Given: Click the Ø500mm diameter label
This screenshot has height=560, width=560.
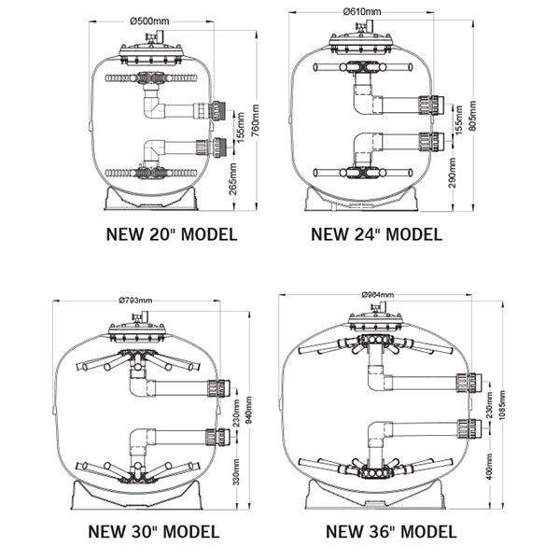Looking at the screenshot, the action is click(149, 21).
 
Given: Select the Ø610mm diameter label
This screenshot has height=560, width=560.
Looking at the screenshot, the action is click(362, 12).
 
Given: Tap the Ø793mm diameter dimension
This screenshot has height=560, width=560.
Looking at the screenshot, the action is click(135, 301).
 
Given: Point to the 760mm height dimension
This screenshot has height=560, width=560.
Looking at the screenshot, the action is click(255, 120).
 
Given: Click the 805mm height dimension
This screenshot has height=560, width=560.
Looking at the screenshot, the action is click(472, 116).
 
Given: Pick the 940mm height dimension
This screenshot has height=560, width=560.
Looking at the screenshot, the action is click(248, 410).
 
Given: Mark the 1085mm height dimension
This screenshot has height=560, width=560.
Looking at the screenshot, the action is click(502, 405).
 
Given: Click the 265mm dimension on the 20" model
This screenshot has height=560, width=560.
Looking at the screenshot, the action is click(232, 179).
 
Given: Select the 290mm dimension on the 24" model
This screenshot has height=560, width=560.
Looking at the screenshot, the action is click(452, 174).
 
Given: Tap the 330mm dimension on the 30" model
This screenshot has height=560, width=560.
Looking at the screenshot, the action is click(236, 471).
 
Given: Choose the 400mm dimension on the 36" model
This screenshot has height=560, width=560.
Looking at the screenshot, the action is click(489, 467).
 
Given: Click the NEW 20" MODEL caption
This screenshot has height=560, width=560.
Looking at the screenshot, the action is click(172, 234).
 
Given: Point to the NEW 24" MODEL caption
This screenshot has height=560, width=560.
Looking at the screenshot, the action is click(376, 234).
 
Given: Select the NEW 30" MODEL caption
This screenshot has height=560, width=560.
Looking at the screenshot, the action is click(154, 531).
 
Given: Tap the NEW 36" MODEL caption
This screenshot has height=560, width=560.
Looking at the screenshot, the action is click(391, 531).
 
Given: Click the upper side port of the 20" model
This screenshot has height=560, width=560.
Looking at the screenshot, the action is click(217, 110).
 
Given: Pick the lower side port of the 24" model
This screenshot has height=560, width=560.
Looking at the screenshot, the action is click(431, 142).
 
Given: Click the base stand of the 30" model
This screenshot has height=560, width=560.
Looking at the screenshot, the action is click(136, 495).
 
